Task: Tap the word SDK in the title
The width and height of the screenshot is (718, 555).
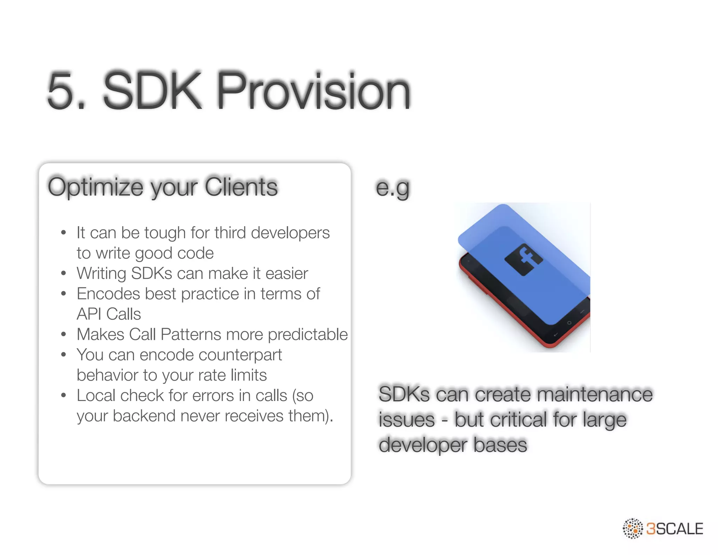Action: (152, 91)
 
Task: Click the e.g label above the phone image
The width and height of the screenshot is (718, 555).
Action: (392, 188)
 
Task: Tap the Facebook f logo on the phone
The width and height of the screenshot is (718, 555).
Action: (524, 259)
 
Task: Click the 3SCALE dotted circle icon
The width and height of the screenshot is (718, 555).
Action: (632, 528)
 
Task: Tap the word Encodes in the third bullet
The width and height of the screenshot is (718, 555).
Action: (108, 294)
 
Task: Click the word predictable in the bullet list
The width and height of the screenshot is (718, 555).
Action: (307, 335)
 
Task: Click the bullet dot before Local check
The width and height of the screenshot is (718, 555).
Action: (63, 396)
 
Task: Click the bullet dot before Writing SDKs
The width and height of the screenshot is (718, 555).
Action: (63, 274)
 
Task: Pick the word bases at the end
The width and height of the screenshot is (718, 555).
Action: (500, 445)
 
